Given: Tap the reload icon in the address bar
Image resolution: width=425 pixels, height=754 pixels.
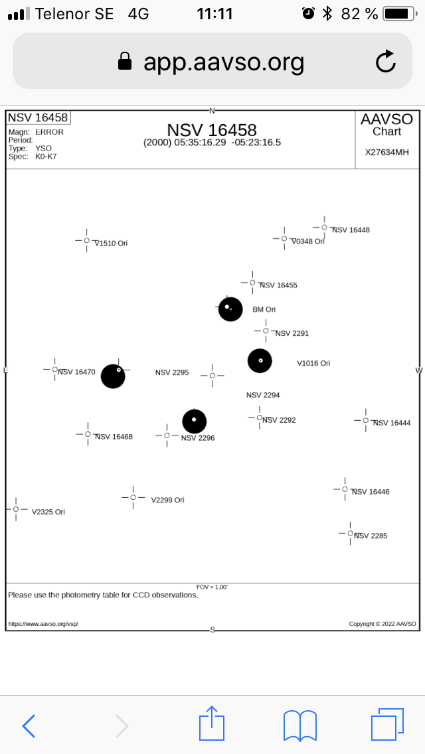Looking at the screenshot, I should (386, 62).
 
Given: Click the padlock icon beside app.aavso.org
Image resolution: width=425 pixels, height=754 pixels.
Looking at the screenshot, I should (125, 62).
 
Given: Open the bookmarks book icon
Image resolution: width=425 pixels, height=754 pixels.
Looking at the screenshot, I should (299, 725).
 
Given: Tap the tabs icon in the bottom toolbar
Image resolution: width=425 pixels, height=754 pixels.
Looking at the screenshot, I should (387, 724).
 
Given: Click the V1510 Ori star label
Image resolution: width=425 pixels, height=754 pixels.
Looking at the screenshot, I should (111, 244).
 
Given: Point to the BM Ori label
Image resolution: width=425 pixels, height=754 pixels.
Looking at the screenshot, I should (264, 309).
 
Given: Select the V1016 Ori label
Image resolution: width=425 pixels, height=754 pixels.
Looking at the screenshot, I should (313, 363).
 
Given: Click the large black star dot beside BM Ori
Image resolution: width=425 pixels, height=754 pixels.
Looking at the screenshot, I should (230, 309).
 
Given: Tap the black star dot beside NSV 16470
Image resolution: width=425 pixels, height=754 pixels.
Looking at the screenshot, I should (113, 376).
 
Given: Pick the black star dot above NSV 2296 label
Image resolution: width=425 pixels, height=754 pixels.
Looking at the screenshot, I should (195, 421).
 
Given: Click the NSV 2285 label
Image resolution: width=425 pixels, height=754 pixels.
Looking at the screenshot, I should (371, 536).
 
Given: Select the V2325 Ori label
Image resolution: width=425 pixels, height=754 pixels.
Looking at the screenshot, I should (48, 512).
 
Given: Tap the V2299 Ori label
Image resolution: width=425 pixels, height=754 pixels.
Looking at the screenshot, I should (167, 500).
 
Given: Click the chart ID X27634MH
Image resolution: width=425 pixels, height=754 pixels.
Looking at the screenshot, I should (387, 152).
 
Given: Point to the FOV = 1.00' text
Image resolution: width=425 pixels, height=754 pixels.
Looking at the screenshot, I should (212, 587).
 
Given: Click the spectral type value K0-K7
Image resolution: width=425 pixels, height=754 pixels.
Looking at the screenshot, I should (46, 157).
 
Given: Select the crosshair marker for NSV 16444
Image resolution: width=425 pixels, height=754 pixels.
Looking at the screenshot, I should (365, 420).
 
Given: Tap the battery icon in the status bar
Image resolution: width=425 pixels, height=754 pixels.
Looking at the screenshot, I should (399, 13).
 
